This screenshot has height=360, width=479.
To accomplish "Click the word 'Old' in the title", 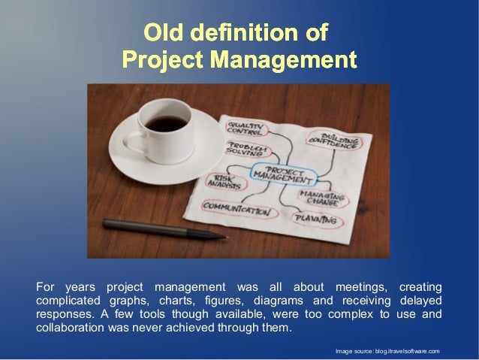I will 164,33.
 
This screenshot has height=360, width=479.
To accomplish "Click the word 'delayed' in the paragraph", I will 419,300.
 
